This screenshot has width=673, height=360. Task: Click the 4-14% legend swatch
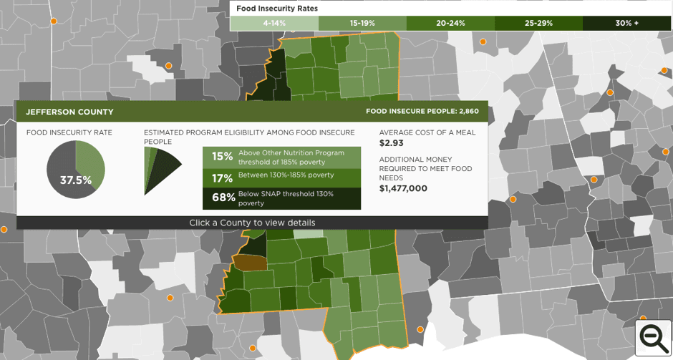click(x=273, y=23)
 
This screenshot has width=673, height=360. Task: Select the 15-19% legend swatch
click(x=362, y=23)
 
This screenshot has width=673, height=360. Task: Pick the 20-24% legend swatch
click(x=450, y=23)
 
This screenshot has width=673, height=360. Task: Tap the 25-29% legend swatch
click(x=538, y=23)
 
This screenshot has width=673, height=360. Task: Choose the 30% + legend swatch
click(x=626, y=23)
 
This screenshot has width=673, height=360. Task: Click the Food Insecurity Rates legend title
click(x=277, y=9)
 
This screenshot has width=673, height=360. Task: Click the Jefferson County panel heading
click(x=69, y=112)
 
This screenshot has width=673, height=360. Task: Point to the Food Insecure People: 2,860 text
click(x=422, y=112)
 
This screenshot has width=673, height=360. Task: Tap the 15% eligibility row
click(x=281, y=157)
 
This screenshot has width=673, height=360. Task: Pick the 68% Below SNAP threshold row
click(x=281, y=198)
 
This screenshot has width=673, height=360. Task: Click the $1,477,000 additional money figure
click(x=403, y=188)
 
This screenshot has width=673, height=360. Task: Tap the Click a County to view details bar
click(x=252, y=223)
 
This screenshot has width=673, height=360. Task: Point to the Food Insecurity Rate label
click(x=69, y=132)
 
